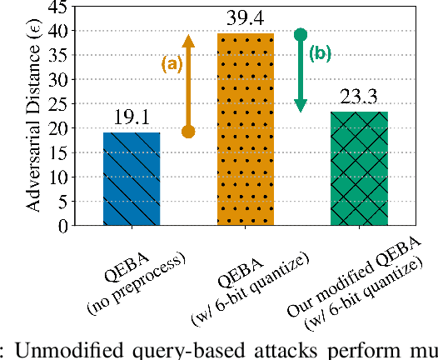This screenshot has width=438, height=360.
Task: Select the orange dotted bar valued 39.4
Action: pyautogui.click(x=245, y=129)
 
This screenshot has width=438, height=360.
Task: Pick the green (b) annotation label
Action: pyautogui.click(x=320, y=54)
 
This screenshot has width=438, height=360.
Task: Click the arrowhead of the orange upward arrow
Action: pyautogui.click(x=188, y=40)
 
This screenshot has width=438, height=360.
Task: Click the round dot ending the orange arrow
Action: pyautogui.click(x=188, y=131)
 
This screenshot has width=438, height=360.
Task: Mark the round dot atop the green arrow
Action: pyautogui.click(x=301, y=34)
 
